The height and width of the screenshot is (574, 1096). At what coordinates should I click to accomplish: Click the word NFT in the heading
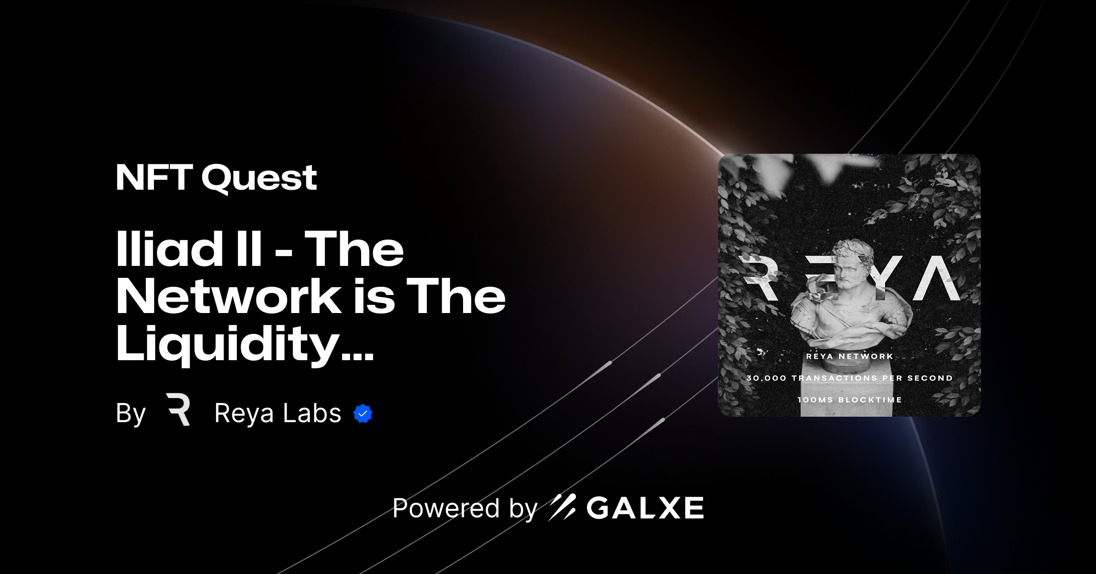(x=154, y=178)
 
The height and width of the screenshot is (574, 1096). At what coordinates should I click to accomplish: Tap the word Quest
(x=259, y=179)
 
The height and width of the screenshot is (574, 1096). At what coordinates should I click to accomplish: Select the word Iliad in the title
(x=169, y=249)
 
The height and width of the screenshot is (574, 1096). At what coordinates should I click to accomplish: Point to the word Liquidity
(x=227, y=344)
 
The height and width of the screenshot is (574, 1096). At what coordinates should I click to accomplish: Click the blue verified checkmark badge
(x=363, y=414)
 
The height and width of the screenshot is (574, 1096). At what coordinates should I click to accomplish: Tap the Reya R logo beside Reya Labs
(x=179, y=409)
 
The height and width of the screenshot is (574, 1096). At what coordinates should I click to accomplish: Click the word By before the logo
(x=130, y=413)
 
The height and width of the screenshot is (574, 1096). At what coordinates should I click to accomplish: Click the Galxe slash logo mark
(x=562, y=507)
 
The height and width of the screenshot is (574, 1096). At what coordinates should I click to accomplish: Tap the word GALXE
(x=646, y=508)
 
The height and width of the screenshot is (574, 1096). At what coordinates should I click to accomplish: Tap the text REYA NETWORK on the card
(x=849, y=356)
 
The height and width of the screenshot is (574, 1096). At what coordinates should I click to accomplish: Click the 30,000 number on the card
(x=766, y=378)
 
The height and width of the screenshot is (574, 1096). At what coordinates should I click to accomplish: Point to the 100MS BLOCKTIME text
(x=849, y=400)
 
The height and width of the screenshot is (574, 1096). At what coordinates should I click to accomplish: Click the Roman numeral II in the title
(x=249, y=249)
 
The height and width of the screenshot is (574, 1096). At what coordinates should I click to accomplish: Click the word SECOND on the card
(x=930, y=378)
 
